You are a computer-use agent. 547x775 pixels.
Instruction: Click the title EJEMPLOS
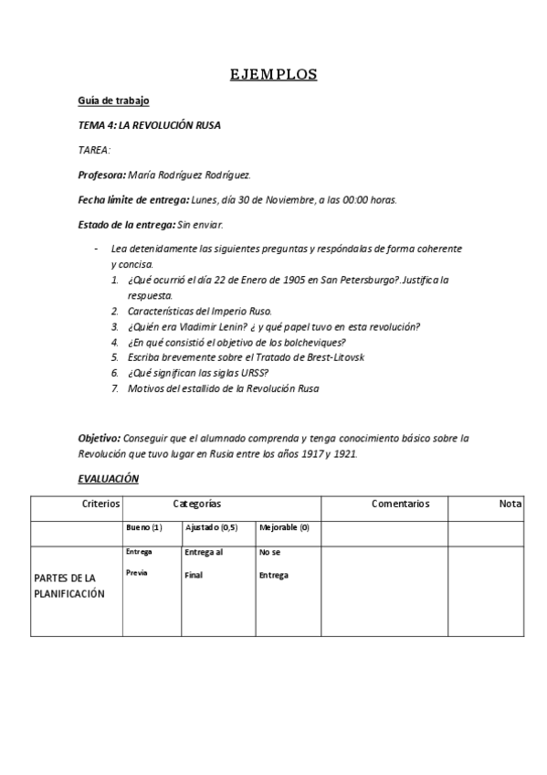coord(273,75)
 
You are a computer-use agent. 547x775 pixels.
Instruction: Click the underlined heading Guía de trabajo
coord(113,101)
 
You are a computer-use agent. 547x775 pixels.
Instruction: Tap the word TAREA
coord(94,150)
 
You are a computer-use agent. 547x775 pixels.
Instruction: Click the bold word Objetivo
coord(98,439)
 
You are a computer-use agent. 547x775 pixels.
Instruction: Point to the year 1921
coord(345,454)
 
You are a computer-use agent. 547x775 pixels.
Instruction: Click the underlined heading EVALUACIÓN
coord(108,479)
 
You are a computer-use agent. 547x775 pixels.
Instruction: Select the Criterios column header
coord(100,504)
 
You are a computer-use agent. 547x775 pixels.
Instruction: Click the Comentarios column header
coord(400,504)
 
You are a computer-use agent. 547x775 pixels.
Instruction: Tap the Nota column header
coord(510,504)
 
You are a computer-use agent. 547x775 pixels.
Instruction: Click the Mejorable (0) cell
coord(284,528)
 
